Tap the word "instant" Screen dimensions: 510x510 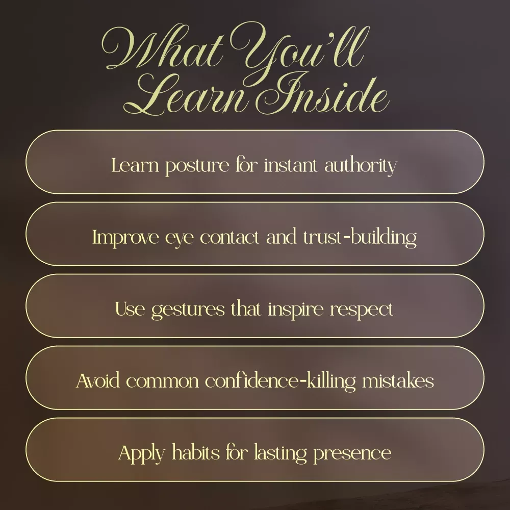click(291, 165)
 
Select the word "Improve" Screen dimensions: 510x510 click(125, 238)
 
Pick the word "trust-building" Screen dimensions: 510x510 click(360, 238)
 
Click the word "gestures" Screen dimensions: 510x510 click(188, 310)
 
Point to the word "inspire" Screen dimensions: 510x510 click(296, 310)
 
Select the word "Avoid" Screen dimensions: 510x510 click(98, 381)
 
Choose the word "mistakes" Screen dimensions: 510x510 click(398, 380)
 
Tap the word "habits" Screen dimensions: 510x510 click(196, 452)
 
